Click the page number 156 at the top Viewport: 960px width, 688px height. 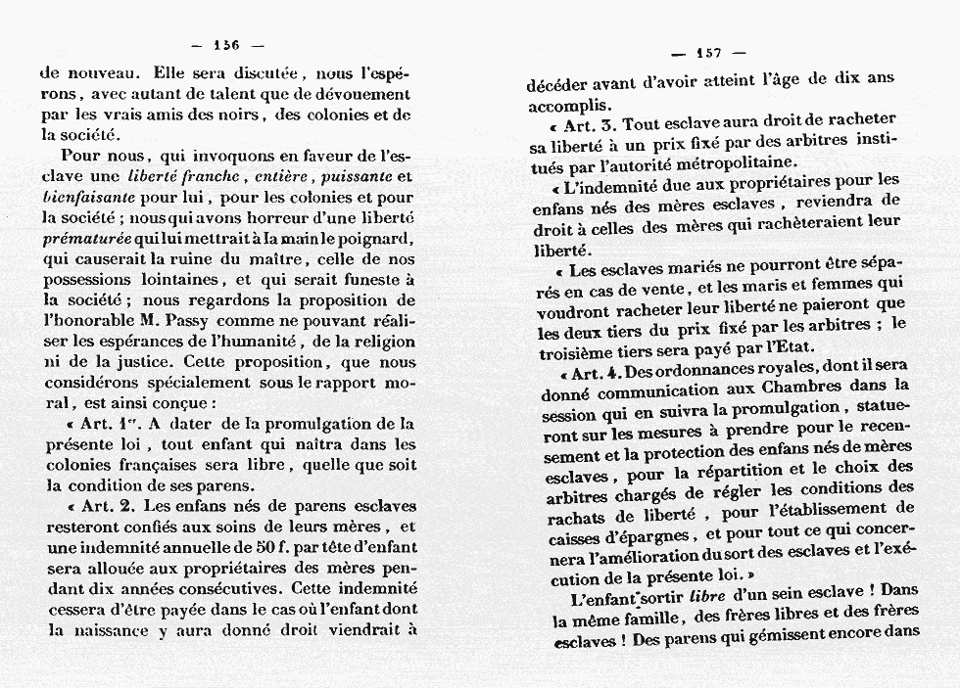(x=226, y=44)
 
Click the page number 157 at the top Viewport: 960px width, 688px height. (x=708, y=54)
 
